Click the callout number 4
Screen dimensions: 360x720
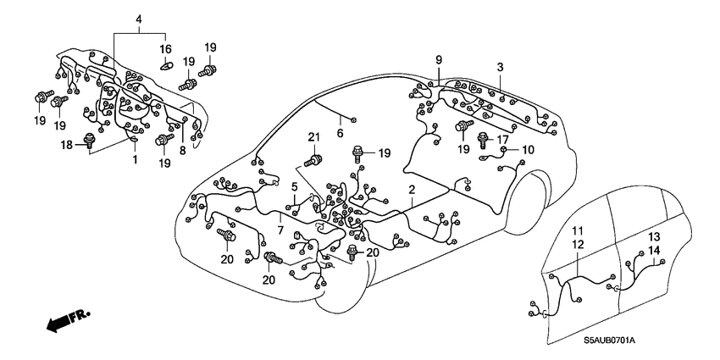(139, 19)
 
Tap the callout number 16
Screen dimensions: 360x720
(166, 49)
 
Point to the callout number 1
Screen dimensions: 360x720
(133, 158)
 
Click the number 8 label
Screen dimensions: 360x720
(181, 150)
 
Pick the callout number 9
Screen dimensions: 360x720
(439, 58)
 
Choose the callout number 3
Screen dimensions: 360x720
(501, 67)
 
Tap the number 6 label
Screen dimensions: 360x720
(340, 132)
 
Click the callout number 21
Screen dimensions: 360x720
(313, 138)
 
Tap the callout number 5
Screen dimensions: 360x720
(295, 186)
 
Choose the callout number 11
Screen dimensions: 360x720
(578, 230)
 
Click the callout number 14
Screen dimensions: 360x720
(654, 250)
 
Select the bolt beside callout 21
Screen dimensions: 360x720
(314, 158)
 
